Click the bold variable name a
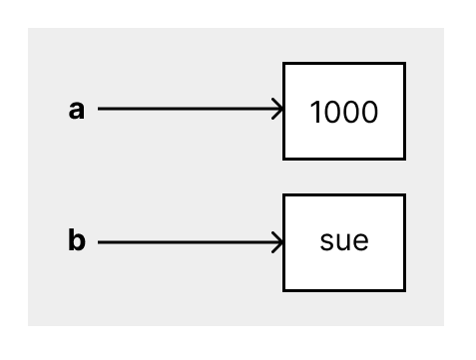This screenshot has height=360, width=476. coord(77,110)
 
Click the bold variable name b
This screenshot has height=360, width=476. coord(77,239)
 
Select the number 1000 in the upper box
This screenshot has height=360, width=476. coord(344,112)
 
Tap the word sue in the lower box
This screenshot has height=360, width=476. coord(344,241)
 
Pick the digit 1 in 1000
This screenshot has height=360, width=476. coord(315,112)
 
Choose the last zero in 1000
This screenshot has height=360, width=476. coord(370,112)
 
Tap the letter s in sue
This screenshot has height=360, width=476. coord(326,241)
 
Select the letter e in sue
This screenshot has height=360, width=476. coord(361,241)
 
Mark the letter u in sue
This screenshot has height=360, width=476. coord(343,241)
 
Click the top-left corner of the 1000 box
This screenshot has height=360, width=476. coord(283,63)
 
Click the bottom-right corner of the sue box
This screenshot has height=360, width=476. coord(405,290)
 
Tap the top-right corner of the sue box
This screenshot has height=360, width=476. coord(405,194)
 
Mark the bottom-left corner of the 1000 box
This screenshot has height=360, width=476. coord(283,159)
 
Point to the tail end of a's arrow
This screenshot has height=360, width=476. coord(99,109)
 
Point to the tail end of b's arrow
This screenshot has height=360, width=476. coord(99,242)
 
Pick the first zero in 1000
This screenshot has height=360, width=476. coord(331,112)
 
